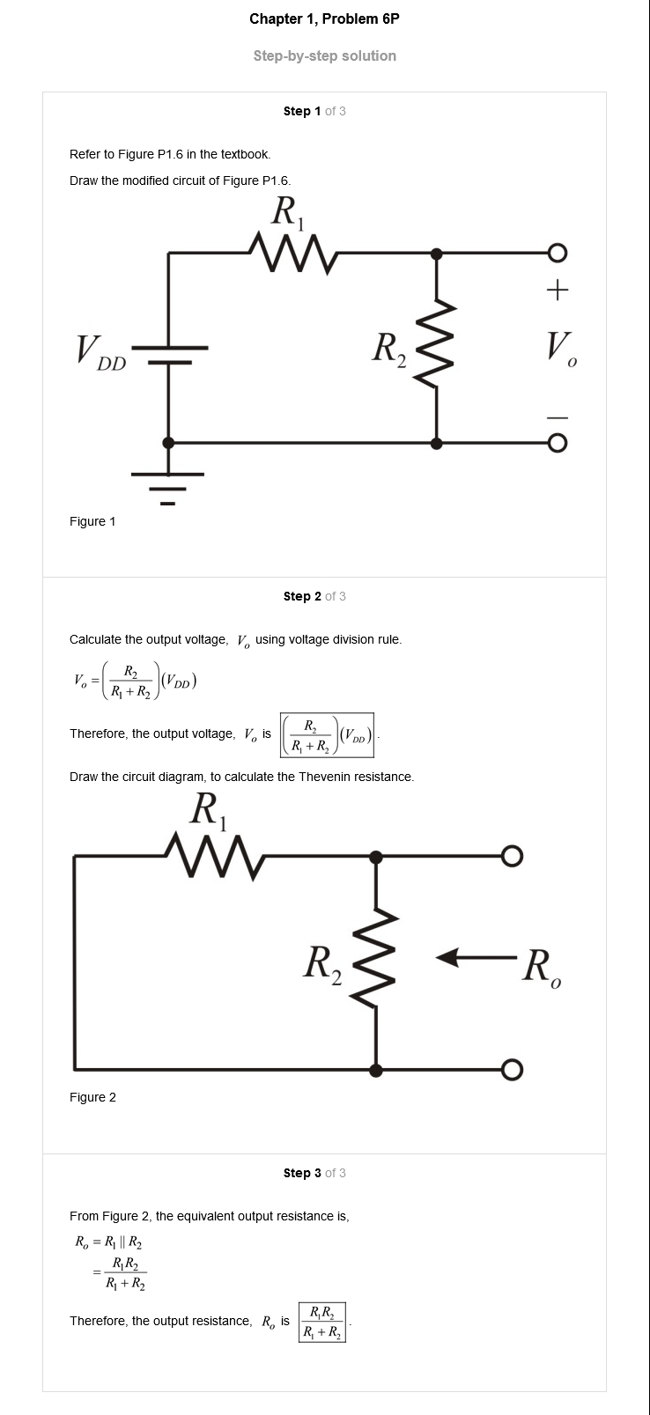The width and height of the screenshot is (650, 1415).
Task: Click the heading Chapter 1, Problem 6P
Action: coord(324,19)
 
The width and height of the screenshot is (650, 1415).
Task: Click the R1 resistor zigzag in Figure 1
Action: coord(294,253)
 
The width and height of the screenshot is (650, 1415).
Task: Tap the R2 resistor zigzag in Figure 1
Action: coord(436,345)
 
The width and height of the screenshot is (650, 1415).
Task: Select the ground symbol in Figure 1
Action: coord(167,488)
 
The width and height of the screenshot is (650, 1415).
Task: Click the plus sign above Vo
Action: coord(558,290)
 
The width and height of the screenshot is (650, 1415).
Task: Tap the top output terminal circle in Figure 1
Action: coord(558,254)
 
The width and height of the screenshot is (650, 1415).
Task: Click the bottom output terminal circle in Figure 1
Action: coord(558,444)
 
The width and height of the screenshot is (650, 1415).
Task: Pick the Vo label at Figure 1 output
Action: coord(562,349)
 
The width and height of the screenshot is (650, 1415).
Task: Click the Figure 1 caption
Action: coord(92,521)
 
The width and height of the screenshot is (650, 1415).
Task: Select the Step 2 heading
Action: coord(314,596)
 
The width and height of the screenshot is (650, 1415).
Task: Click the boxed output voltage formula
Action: coord(328,734)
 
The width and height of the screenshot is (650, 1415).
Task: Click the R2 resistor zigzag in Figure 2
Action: coord(376,958)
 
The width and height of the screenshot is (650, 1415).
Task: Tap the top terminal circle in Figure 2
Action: coord(513,856)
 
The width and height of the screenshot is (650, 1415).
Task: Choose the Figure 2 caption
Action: coord(92,1097)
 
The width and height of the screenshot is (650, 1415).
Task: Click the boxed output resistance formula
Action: coord(322,1323)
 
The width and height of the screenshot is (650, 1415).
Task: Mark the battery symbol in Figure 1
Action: coord(169,355)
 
